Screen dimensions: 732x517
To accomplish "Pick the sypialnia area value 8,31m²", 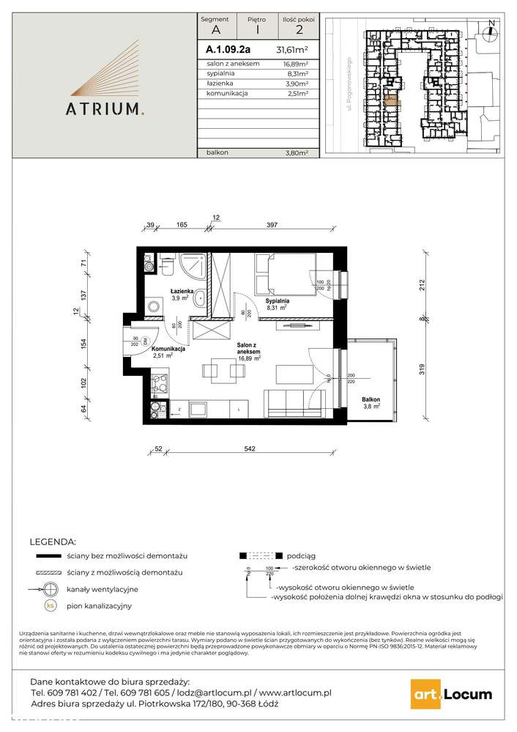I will pos(297,74).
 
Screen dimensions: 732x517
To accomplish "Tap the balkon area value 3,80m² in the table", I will pos(297,152).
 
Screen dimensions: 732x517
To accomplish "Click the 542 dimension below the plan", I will pos(250,449).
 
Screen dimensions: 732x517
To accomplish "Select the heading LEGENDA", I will pos(52,542).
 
